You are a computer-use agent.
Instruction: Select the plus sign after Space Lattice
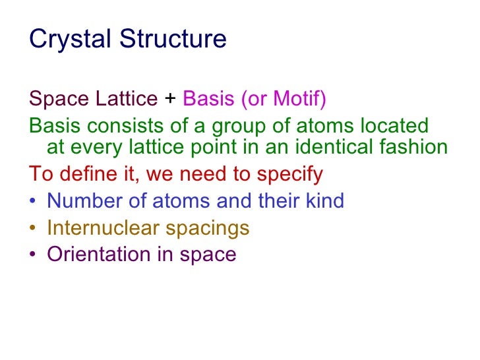(x=170, y=99)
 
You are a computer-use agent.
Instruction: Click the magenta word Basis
(x=208, y=99)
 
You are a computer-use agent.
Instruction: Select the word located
(x=392, y=125)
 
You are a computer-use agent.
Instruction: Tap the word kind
(x=322, y=200)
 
